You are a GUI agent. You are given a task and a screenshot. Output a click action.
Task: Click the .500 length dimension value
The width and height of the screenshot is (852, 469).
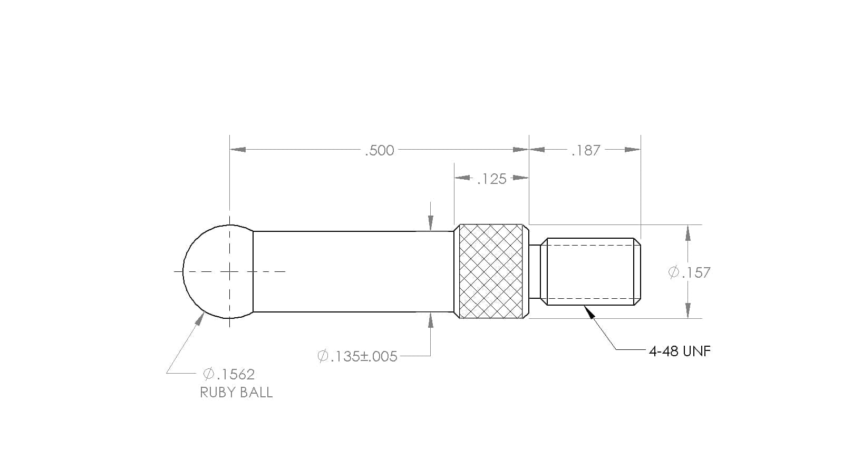tap(380, 151)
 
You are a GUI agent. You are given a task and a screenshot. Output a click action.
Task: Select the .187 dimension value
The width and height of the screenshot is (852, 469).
tap(586, 151)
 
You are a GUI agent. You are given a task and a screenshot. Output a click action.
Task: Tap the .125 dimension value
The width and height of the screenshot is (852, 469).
tap(492, 179)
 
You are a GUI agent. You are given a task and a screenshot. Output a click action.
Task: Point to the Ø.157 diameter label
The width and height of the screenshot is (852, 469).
tap(689, 272)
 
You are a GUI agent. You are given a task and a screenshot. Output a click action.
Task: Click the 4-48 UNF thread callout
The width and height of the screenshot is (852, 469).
tap(680, 351)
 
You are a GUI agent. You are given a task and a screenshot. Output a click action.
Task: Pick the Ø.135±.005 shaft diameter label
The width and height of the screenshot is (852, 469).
tap(357, 357)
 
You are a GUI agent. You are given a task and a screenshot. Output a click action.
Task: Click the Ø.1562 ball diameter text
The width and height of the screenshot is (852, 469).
tap(229, 374)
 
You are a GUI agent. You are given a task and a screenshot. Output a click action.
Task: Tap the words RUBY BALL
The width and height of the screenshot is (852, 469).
tap(236, 393)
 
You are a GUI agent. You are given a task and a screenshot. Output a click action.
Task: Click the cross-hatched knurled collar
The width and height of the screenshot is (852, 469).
tap(491, 271)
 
